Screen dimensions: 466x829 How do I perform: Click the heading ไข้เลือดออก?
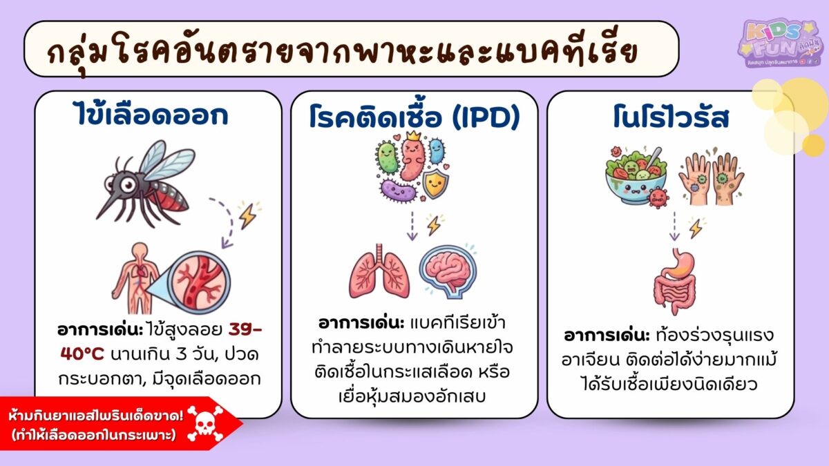150,115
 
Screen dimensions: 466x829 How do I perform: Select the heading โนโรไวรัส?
670,117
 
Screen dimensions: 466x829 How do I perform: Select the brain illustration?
448,271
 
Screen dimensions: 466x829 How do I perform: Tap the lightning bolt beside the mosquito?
246,216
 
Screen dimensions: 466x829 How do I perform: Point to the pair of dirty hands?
712,176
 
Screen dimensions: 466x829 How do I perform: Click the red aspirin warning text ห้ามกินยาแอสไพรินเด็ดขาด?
96,416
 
